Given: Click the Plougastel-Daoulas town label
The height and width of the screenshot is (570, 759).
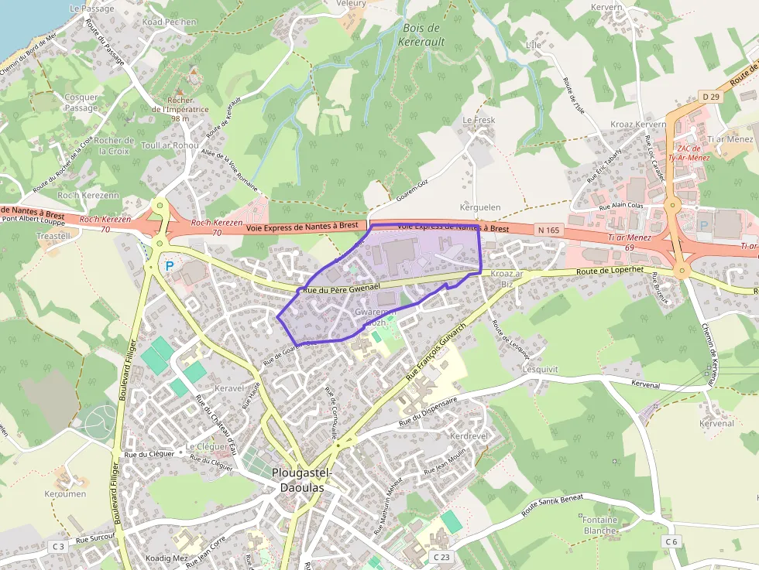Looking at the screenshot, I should [x=302, y=480].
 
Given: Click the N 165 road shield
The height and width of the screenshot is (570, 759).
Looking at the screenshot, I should [x=548, y=230].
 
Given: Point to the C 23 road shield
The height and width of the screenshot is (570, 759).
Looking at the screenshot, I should [x=441, y=557].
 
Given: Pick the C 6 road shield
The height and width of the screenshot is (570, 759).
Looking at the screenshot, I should [x=671, y=542].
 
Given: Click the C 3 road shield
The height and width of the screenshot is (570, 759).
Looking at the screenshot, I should [x=59, y=546].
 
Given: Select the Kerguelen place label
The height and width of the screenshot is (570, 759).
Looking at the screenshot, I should [x=481, y=207].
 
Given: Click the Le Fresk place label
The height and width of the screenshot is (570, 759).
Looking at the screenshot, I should [x=479, y=121].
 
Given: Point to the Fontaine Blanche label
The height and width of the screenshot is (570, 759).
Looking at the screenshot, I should [x=600, y=525].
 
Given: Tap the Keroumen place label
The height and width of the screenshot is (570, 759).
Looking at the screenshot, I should [x=65, y=493].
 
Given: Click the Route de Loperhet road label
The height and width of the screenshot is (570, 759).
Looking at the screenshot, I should [x=610, y=271].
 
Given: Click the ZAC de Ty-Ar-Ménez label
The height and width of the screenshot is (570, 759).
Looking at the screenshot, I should [x=693, y=152].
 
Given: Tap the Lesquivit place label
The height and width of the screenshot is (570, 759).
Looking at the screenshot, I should [x=540, y=369].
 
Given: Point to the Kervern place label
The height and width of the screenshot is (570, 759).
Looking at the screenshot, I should [x=606, y=7].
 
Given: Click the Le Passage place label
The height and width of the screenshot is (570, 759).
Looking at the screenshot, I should [x=91, y=9].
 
